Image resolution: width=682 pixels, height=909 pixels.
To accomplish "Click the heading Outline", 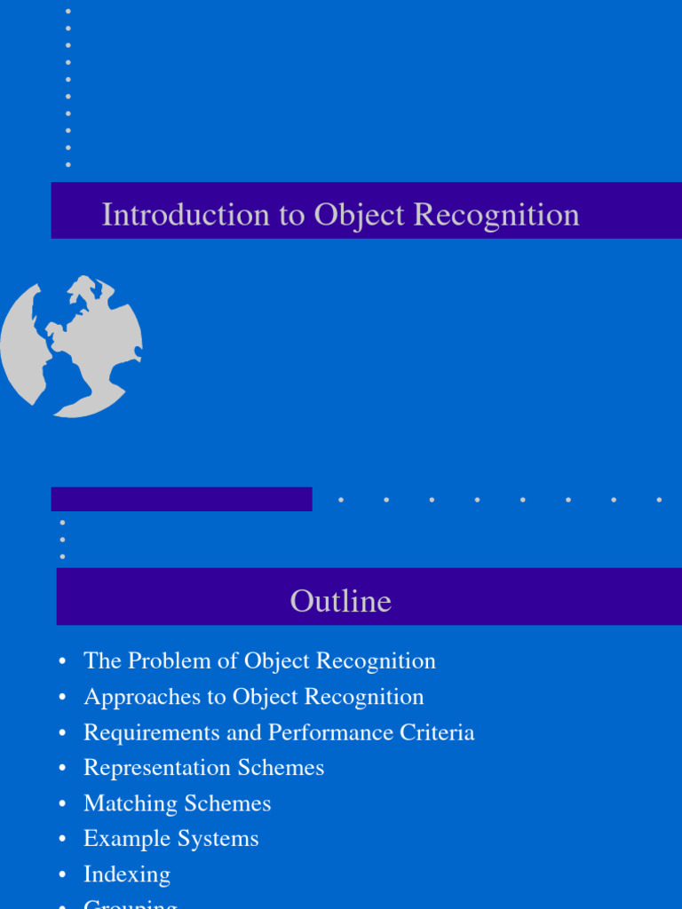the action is (340, 601).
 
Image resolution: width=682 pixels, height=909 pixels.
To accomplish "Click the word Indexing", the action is (127, 874).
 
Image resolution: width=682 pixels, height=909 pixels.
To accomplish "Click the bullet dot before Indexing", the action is (62, 875).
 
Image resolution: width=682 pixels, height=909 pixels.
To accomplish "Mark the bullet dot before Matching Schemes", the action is (62, 804).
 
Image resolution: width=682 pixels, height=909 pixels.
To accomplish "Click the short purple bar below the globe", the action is (181, 499).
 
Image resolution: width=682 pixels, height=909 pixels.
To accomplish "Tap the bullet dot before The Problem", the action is (62, 662).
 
